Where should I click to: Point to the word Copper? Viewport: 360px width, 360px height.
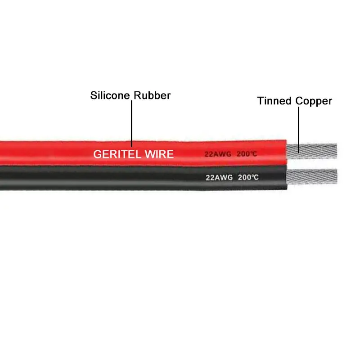coord(314,101)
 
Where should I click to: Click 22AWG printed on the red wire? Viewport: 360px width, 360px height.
coord(217,154)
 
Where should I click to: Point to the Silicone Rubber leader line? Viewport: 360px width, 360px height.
coord(131,121)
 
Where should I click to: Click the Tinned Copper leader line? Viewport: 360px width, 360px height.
coord(297,126)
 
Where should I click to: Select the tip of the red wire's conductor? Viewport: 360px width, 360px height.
coord(335,150)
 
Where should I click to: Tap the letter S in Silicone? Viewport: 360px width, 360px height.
coord(94,95)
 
